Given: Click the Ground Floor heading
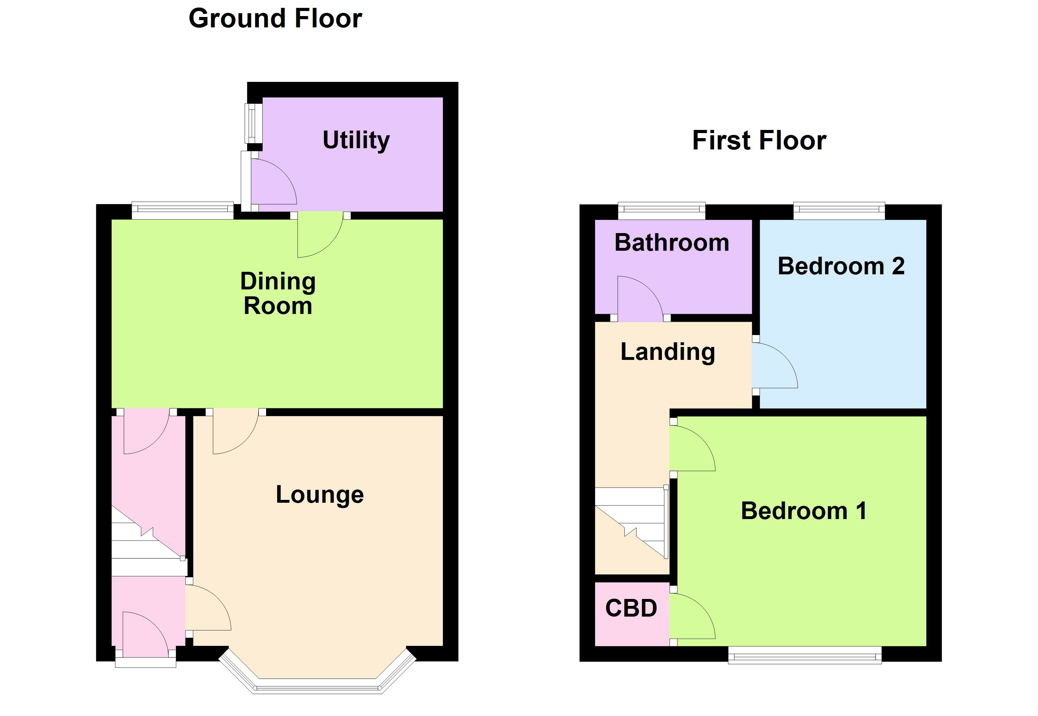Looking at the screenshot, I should (x=275, y=19).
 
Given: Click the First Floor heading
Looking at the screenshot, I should (x=759, y=140).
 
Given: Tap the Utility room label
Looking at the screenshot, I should (x=356, y=140).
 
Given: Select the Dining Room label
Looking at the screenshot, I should (x=278, y=294).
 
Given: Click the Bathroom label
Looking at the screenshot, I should (x=672, y=243).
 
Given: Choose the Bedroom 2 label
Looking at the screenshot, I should (x=841, y=266).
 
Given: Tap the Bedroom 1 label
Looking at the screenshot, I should (x=803, y=511).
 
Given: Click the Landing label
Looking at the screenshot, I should (x=667, y=352).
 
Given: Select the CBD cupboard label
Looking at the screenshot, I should (x=631, y=608).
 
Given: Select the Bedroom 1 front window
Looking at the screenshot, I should (x=804, y=658).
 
